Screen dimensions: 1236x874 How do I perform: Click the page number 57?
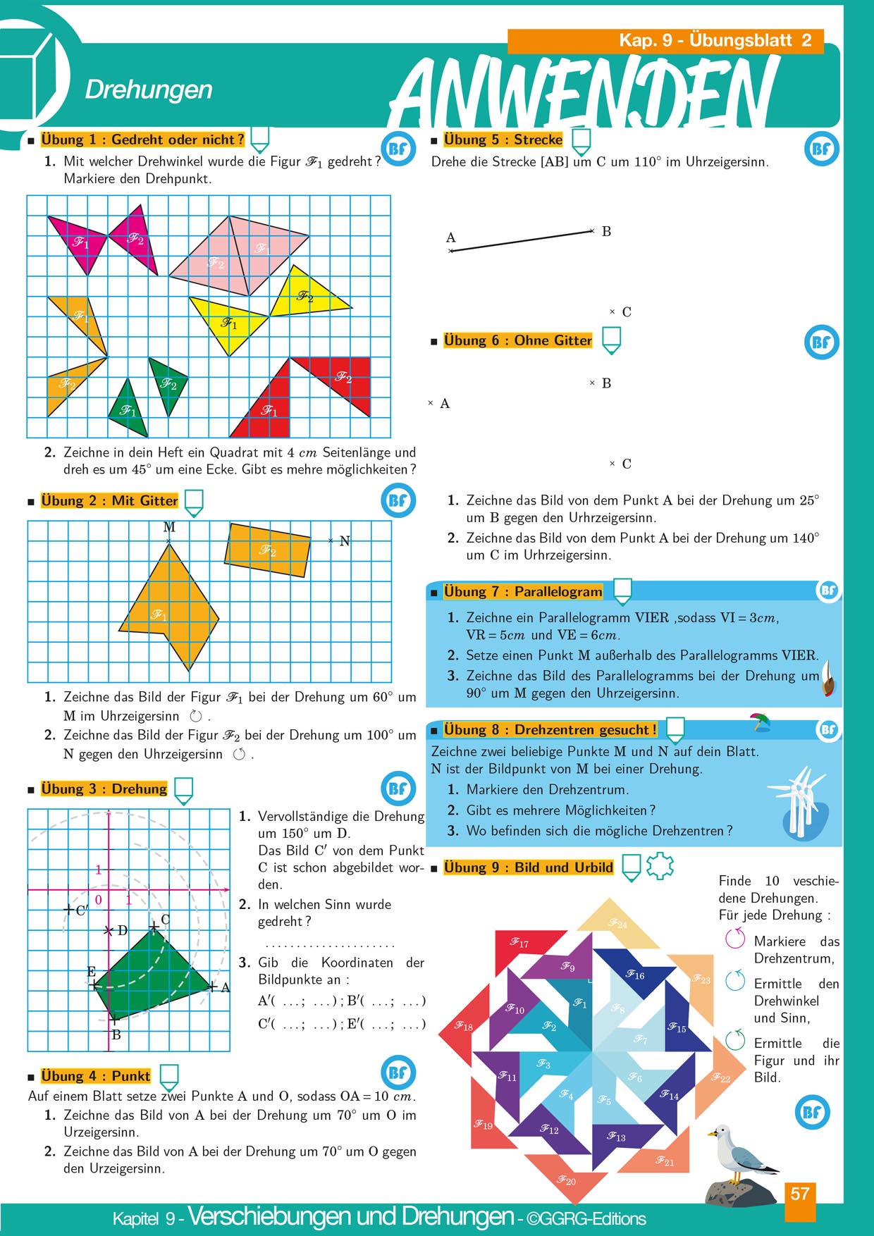(x=800, y=1194)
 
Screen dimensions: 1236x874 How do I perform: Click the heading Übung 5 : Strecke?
(x=503, y=140)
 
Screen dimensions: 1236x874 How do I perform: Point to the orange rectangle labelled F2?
(x=268, y=550)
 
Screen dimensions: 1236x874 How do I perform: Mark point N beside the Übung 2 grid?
(x=331, y=540)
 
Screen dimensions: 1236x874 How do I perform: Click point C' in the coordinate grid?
(x=69, y=910)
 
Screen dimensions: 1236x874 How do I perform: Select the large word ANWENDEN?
(x=585, y=92)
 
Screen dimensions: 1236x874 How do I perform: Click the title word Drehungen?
(x=149, y=89)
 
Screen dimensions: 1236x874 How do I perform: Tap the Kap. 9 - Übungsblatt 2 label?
(x=715, y=40)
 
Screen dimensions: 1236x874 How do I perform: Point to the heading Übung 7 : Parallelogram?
(x=522, y=592)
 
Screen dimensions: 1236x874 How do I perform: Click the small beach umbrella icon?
(x=760, y=722)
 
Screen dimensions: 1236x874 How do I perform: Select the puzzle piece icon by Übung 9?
(x=660, y=866)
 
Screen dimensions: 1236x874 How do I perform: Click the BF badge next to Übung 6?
(x=821, y=342)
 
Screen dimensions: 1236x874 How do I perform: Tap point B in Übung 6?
(x=593, y=383)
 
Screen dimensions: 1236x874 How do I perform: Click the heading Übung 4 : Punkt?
(x=95, y=1076)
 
